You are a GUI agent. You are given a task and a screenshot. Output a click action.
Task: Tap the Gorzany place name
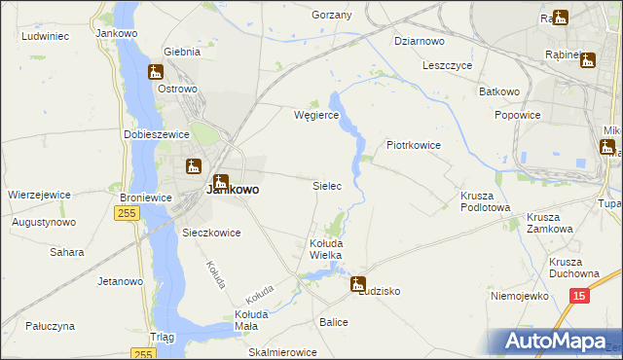pyautogui.click(x=331, y=16)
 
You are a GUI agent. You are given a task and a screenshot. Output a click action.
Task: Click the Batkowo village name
pyautogui.click(x=499, y=91)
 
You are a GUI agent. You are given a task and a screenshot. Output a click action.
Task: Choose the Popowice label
pyautogui.click(x=517, y=115)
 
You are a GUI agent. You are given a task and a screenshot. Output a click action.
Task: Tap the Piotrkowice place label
pyautogui.click(x=414, y=146)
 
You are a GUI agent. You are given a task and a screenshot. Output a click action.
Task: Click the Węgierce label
pyautogui.click(x=316, y=115)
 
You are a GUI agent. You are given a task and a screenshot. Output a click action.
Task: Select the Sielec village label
pyautogui.click(x=326, y=185)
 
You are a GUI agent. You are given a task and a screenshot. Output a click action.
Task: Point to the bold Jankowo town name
pyautogui.click(x=233, y=191)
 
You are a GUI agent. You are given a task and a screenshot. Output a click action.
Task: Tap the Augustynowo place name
pyautogui.click(x=43, y=222)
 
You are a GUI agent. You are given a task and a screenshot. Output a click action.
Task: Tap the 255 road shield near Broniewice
pyautogui.click(x=127, y=213)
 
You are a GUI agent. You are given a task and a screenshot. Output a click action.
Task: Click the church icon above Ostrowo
pyautogui.click(x=156, y=72)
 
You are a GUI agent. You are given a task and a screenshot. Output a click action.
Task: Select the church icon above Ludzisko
pyautogui.click(x=358, y=285)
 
